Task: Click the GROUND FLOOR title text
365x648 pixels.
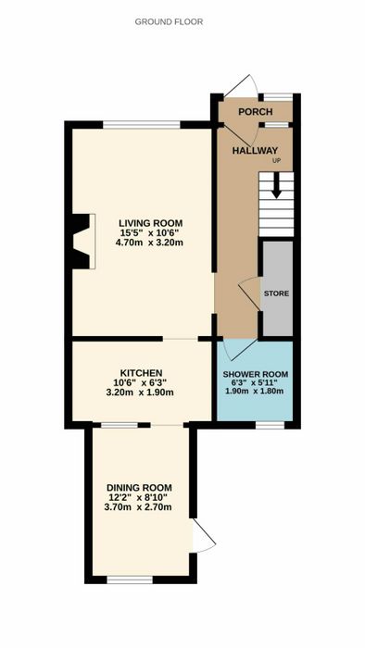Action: [169, 22]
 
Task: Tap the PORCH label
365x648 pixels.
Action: [256, 112]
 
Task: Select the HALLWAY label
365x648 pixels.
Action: [255, 151]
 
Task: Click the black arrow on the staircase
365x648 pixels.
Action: [277, 185]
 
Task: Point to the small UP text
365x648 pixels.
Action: [276, 161]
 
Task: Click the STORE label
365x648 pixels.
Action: [277, 293]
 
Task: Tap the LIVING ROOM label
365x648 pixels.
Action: [150, 224]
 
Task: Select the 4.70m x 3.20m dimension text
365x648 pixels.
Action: [150, 243]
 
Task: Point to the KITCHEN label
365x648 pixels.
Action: [141, 373]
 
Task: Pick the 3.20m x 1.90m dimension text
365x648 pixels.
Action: [140, 393]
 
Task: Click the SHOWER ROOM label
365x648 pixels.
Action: [256, 375]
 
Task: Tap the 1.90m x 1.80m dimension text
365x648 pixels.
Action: [255, 391]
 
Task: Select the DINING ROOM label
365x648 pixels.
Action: [139, 488]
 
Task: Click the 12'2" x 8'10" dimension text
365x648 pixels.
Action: [138, 498]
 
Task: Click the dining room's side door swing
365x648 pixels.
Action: [204, 536]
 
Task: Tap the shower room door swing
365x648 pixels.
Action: [240, 350]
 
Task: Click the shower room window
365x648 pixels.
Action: [270, 425]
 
